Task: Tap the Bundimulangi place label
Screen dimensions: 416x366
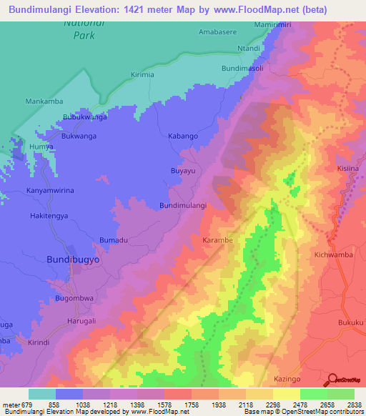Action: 183,205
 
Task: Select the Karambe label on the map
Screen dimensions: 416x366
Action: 217,240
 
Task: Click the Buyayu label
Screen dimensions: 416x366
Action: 182,172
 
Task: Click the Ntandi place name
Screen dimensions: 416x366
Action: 249,49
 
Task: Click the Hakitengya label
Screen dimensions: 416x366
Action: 51,214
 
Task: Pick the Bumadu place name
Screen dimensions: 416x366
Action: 114,239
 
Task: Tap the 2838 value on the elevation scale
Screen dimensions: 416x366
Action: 353,405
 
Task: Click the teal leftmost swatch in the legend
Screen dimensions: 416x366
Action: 41,394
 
